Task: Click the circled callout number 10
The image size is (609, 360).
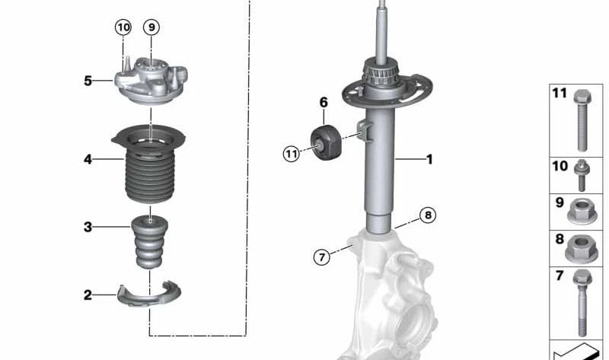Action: coord(123,27)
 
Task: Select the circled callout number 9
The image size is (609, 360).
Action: coord(151,27)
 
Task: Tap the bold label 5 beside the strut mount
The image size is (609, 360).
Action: coord(88,80)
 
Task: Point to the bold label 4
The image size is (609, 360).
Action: coord(88,159)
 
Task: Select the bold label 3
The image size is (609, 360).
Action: coord(88,227)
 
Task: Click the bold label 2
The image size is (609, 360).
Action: coord(88,295)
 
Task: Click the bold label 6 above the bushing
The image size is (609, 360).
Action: coord(324,102)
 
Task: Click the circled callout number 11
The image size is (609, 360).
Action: coord(291,155)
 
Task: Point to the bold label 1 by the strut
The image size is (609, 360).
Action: coord(429,159)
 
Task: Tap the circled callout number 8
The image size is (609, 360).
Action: coord(429,215)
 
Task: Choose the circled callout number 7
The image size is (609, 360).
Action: coord(322,257)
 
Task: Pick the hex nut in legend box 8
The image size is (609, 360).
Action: coord(582,248)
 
